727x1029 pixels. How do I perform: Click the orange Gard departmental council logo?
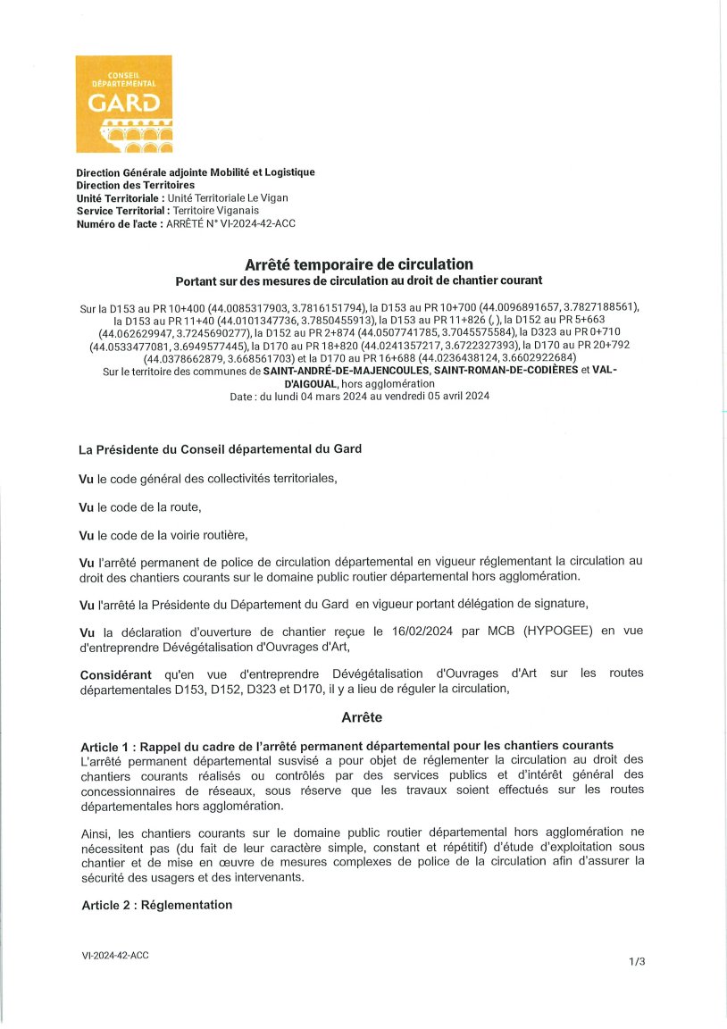[x=123, y=104]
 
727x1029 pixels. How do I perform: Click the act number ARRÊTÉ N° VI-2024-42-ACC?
[x=230, y=223]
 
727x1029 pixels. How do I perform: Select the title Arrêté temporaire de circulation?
[x=358, y=264]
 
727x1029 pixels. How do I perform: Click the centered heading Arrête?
[x=362, y=717]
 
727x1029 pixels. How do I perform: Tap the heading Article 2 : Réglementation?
[x=156, y=905]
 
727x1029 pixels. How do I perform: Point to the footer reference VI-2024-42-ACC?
[x=115, y=956]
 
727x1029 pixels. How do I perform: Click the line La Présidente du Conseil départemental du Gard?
[x=221, y=449]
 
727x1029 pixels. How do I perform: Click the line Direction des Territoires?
[x=135, y=185]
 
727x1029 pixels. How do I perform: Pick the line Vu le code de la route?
[x=140, y=507]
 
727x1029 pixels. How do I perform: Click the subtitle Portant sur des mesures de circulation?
[x=358, y=280]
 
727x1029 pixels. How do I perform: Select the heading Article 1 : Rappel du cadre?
[x=347, y=745]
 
